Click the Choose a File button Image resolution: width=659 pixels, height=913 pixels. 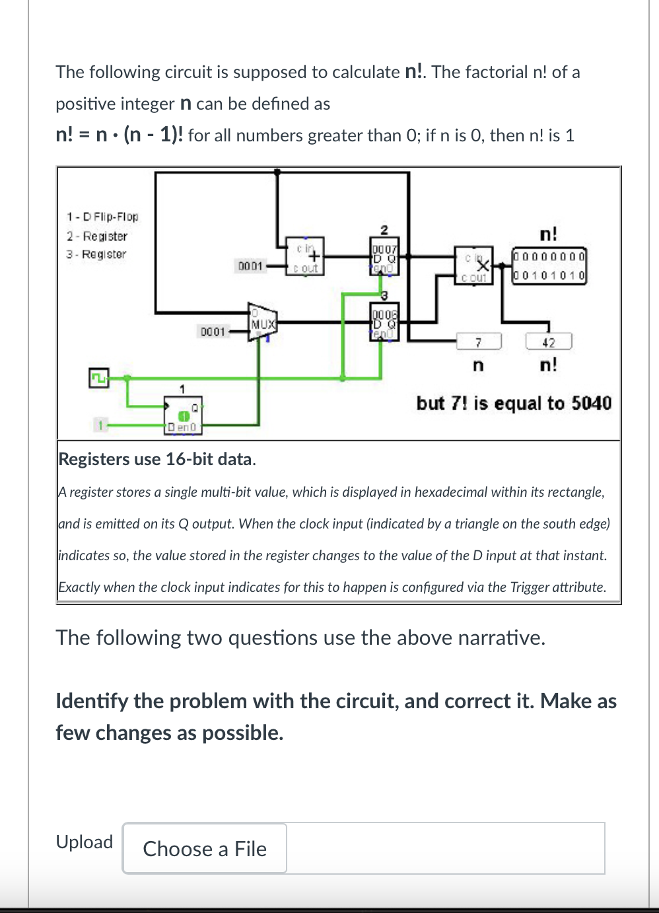[205, 848]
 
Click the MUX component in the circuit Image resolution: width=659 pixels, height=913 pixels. [261, 323]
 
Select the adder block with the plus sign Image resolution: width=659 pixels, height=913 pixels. [306, 256]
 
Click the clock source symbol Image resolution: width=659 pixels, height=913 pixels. [98, 378]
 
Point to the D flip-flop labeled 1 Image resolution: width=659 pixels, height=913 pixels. [184, 415]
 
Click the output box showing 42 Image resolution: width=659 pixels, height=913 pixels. [548, 342]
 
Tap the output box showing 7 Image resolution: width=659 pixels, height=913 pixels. [479, 342]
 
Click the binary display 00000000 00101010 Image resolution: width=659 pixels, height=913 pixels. [549, 266]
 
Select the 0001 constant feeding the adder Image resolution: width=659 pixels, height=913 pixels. [250, 266]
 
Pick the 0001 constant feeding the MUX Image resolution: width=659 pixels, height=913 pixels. [213, 331]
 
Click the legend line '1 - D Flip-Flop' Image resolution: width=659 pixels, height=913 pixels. [102, 217]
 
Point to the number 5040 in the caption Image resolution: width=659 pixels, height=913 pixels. [591, 403]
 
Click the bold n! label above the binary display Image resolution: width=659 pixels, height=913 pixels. [548, 235]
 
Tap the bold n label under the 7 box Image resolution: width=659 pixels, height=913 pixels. [479, 365]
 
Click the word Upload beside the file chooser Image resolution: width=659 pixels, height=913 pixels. [85, 842]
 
